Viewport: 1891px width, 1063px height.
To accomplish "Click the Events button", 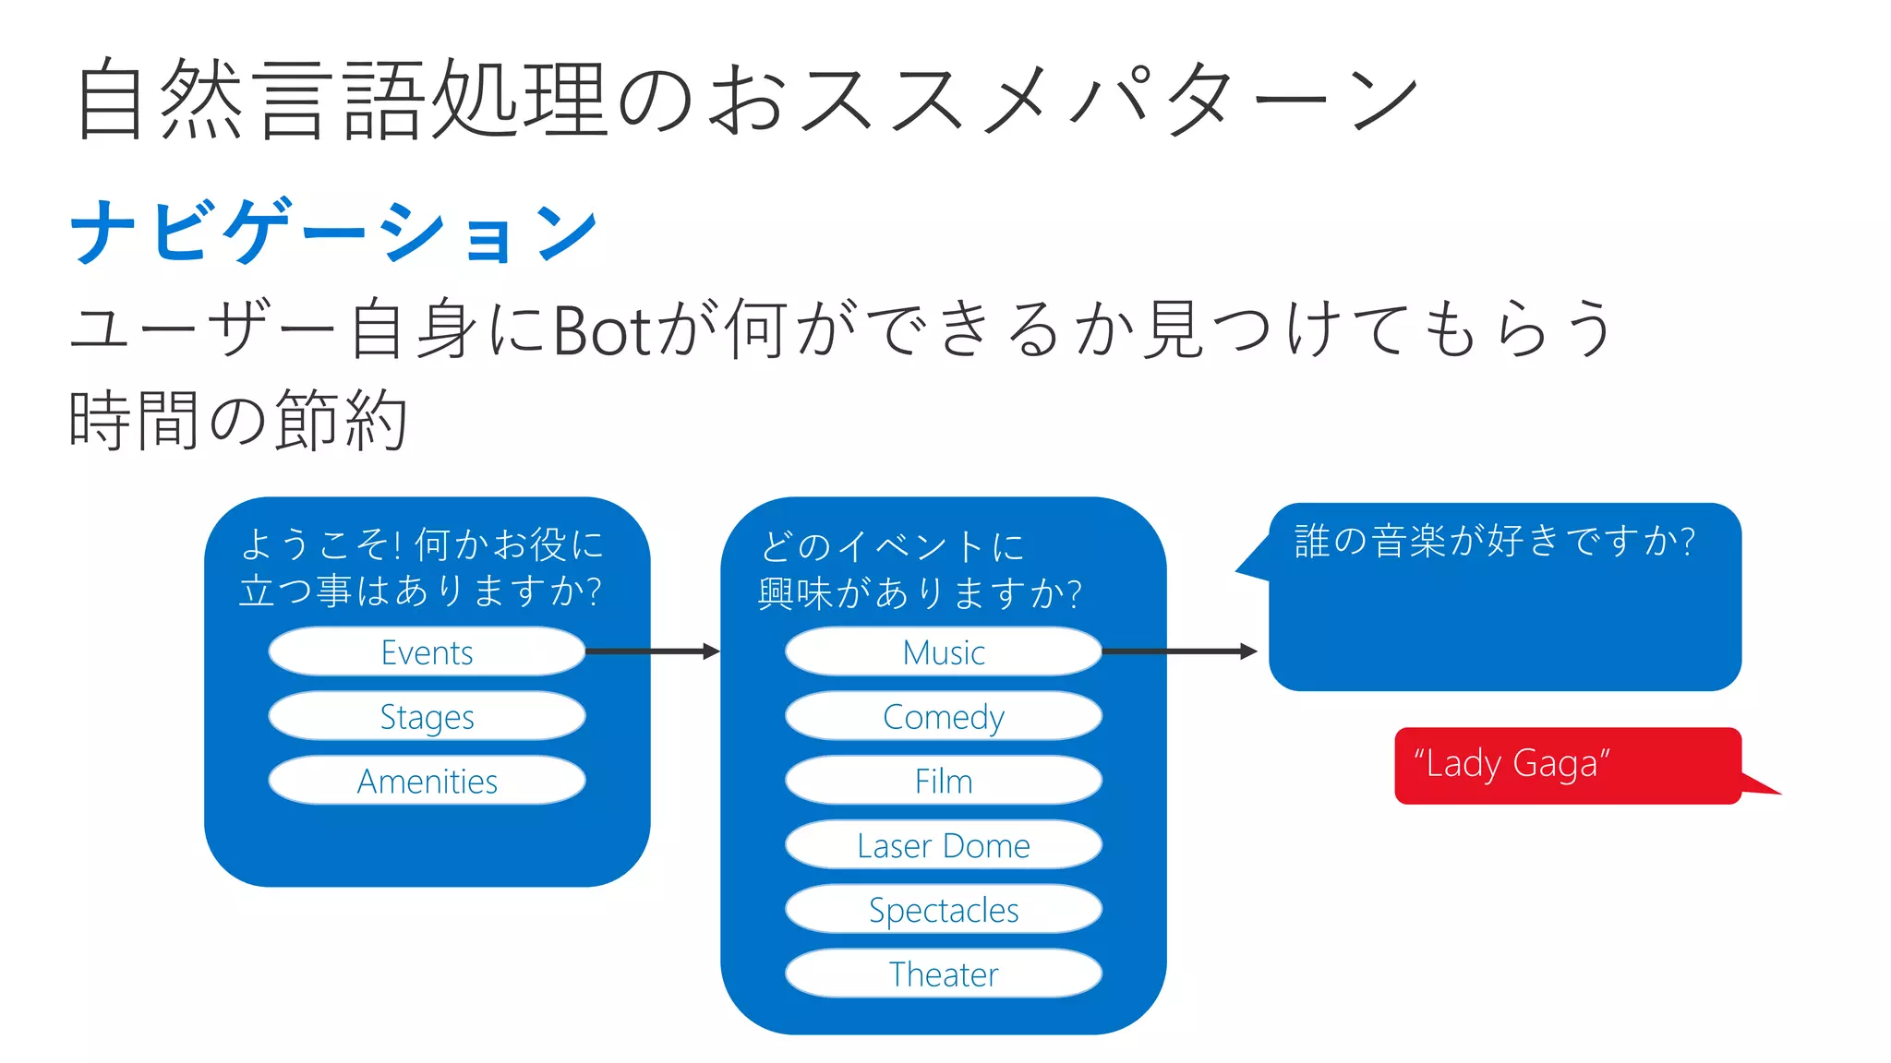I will [x=427, y=652].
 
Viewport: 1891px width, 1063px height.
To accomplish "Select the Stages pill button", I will [x=427, y=717].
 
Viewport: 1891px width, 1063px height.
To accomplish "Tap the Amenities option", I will [x=427, y=782].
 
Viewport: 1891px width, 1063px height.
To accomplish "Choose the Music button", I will [x=943, y=652].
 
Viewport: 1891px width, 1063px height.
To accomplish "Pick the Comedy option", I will [x=943, y=717].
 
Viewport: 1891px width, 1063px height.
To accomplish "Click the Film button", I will [x=943, y=782].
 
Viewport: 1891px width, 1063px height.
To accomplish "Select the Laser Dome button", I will [x=943, y=845].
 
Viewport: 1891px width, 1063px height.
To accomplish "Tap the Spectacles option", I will [x=943, y=910].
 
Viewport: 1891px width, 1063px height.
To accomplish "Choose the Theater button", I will [x=943, y=974].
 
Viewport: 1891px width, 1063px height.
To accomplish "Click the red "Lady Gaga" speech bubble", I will [x=1567, y=765].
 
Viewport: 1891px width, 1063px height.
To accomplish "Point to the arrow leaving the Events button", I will [x=652, y=651].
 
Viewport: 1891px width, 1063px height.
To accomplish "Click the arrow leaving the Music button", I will [x=1179, y=651].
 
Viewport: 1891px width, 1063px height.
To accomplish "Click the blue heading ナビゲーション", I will [x=334, y=232].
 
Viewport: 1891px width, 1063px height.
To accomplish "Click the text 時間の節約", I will [x=238, y=420].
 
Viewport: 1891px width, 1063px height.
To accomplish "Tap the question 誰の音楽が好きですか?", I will [x=1494, y=541].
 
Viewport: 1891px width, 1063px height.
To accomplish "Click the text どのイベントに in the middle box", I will [x=892, y=546].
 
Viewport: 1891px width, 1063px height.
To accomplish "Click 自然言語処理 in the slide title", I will [x=342, y=99].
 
